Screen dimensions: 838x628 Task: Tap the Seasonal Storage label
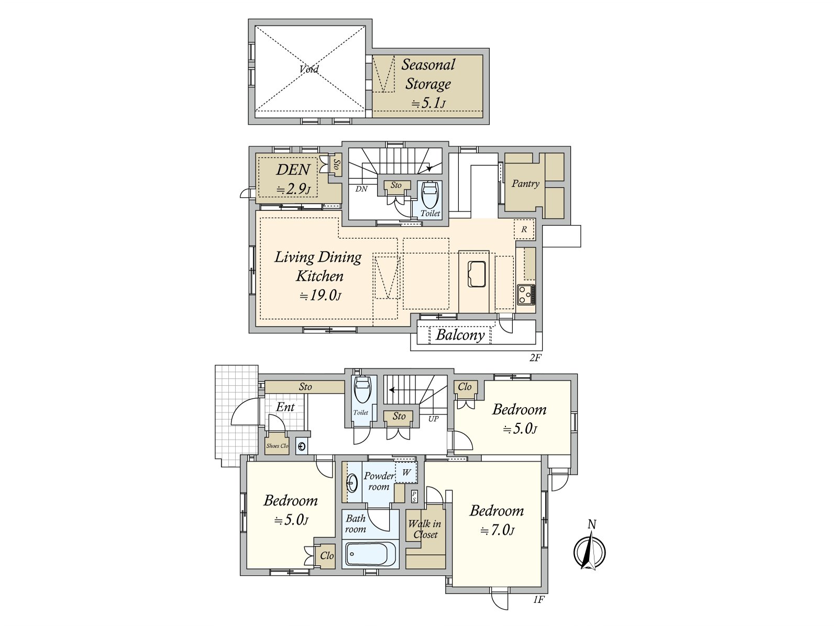pyautogui.click(x=428, y=74)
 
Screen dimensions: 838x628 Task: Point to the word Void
pyautogui.click(x=309, y=69)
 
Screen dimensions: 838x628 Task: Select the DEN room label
pyautogui.click(x=293, y=170)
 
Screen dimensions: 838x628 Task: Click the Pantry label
pyautogui.click(x=525, y=184)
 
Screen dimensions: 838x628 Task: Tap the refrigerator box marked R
pyautogui.click(x=524, y=229)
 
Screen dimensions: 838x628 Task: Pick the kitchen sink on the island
pyautogui.click(x=477, y=274)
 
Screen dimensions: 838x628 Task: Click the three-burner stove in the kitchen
pyautogui.click(x=526, y=295)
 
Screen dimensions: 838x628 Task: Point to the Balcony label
pyautogui.click(x=460, y=335)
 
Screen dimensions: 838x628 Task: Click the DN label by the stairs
pyautogui.click(x=361, y=189)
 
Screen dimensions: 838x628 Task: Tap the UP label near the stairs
pyautogui.click(x=433, y=419)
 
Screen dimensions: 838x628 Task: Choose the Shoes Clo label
pyautogui.click(x=277, y=446)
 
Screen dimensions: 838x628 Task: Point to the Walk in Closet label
pyautogui.click(x=425, y=529)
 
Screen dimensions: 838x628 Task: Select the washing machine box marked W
pyautogui.click(x=406, y=473)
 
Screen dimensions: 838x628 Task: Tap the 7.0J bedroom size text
pyautogui.click(x=497, y=530)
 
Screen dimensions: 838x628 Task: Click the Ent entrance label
pyautogui.click(x=285, y=407)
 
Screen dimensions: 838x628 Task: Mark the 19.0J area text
pyautogui.click(x=320, y=296)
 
